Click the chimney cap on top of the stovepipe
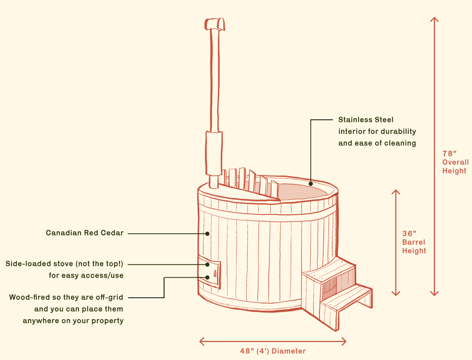(x=214, y=24)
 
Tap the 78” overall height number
(x=450, y=154)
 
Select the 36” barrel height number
(x=409, y=233)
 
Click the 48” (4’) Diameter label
(x=273, y=351)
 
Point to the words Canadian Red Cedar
(x=85, y=233)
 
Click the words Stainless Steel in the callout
(x=366, y=120)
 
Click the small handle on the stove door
(x=215, y=273)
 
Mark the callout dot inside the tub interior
(x=311, y=184)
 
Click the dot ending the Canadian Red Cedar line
(x=207, y=233)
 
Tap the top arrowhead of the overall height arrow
(x=434, y=19)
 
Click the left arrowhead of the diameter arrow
(x=201, y=341)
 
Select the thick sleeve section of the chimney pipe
(x=214, y=153)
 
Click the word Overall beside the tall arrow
(x=455, y=162)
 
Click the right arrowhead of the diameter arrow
(x=345, y=341)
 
